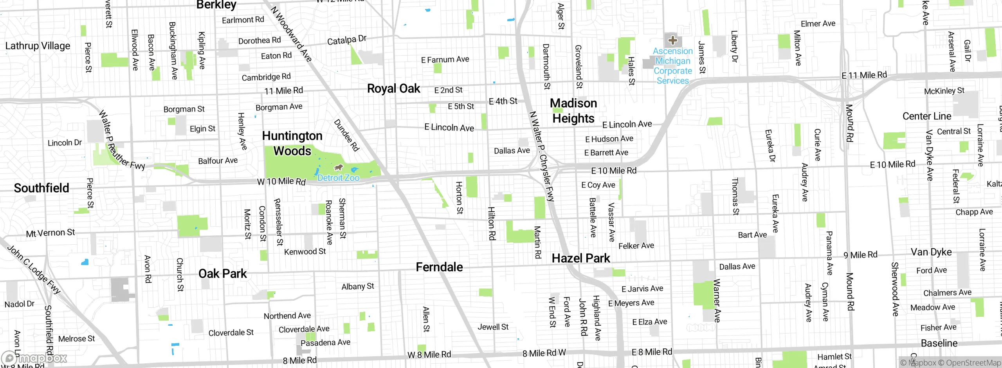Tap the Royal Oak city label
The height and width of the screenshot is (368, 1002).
coord(393,89)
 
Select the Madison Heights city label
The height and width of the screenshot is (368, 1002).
coord(573,111)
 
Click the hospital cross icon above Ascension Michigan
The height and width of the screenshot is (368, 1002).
coord(672,40)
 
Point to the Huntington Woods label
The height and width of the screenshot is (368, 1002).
coord(292,143)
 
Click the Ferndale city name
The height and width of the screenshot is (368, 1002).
coord(439,267)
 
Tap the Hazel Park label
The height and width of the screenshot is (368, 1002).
coord(581,258)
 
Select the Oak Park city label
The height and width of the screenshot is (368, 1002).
coord(222,274)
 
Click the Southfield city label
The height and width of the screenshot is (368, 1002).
coord(41,188)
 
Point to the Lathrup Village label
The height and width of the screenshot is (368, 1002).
coord(38,46)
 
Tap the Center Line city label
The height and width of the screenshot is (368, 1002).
coord(926,116)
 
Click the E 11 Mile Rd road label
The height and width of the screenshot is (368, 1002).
coord(864,75)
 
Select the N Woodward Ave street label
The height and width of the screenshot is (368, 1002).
coord(291,34)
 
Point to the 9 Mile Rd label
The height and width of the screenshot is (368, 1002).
coord(860,255)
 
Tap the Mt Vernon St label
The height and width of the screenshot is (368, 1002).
coord(50,233)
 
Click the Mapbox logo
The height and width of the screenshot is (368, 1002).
coord(34,358)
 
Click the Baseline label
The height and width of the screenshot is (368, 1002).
coord(939,343)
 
